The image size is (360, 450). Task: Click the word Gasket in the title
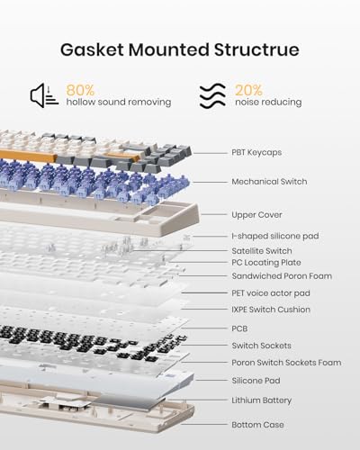click(x=93, y=49)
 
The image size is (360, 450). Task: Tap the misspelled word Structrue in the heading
click(x=256, y=49)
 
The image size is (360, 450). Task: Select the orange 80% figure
click(x=80, y=90)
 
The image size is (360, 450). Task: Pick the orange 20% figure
click(x=248, y=90)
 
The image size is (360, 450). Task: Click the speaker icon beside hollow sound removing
click(x=44, y=95)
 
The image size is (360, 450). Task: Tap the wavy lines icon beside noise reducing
click(x=212, y=95)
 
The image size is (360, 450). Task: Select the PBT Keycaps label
click(x=256, y=152)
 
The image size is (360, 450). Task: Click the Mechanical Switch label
click(x=269, y=182)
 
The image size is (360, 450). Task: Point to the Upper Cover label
click(x=256, y=215)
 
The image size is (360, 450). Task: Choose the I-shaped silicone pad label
click(x=275, y=236)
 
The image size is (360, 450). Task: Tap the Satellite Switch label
click(x=262, y=251)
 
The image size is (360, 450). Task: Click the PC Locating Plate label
click(x=266, y=263)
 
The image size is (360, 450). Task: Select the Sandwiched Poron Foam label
click(x=282, y=276)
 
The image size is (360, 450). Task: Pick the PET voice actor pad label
click(x=271, y=293)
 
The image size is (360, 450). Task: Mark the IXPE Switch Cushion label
click(x=271, y=310)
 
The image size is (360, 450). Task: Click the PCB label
click(x=239, y=328)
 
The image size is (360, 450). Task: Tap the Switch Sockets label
click(x=261, y=346)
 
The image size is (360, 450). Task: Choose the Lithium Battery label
click(x=261, y=400)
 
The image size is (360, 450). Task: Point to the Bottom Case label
click(x=257, y=425)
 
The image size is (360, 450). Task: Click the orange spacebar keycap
click(x=28, y=156)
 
